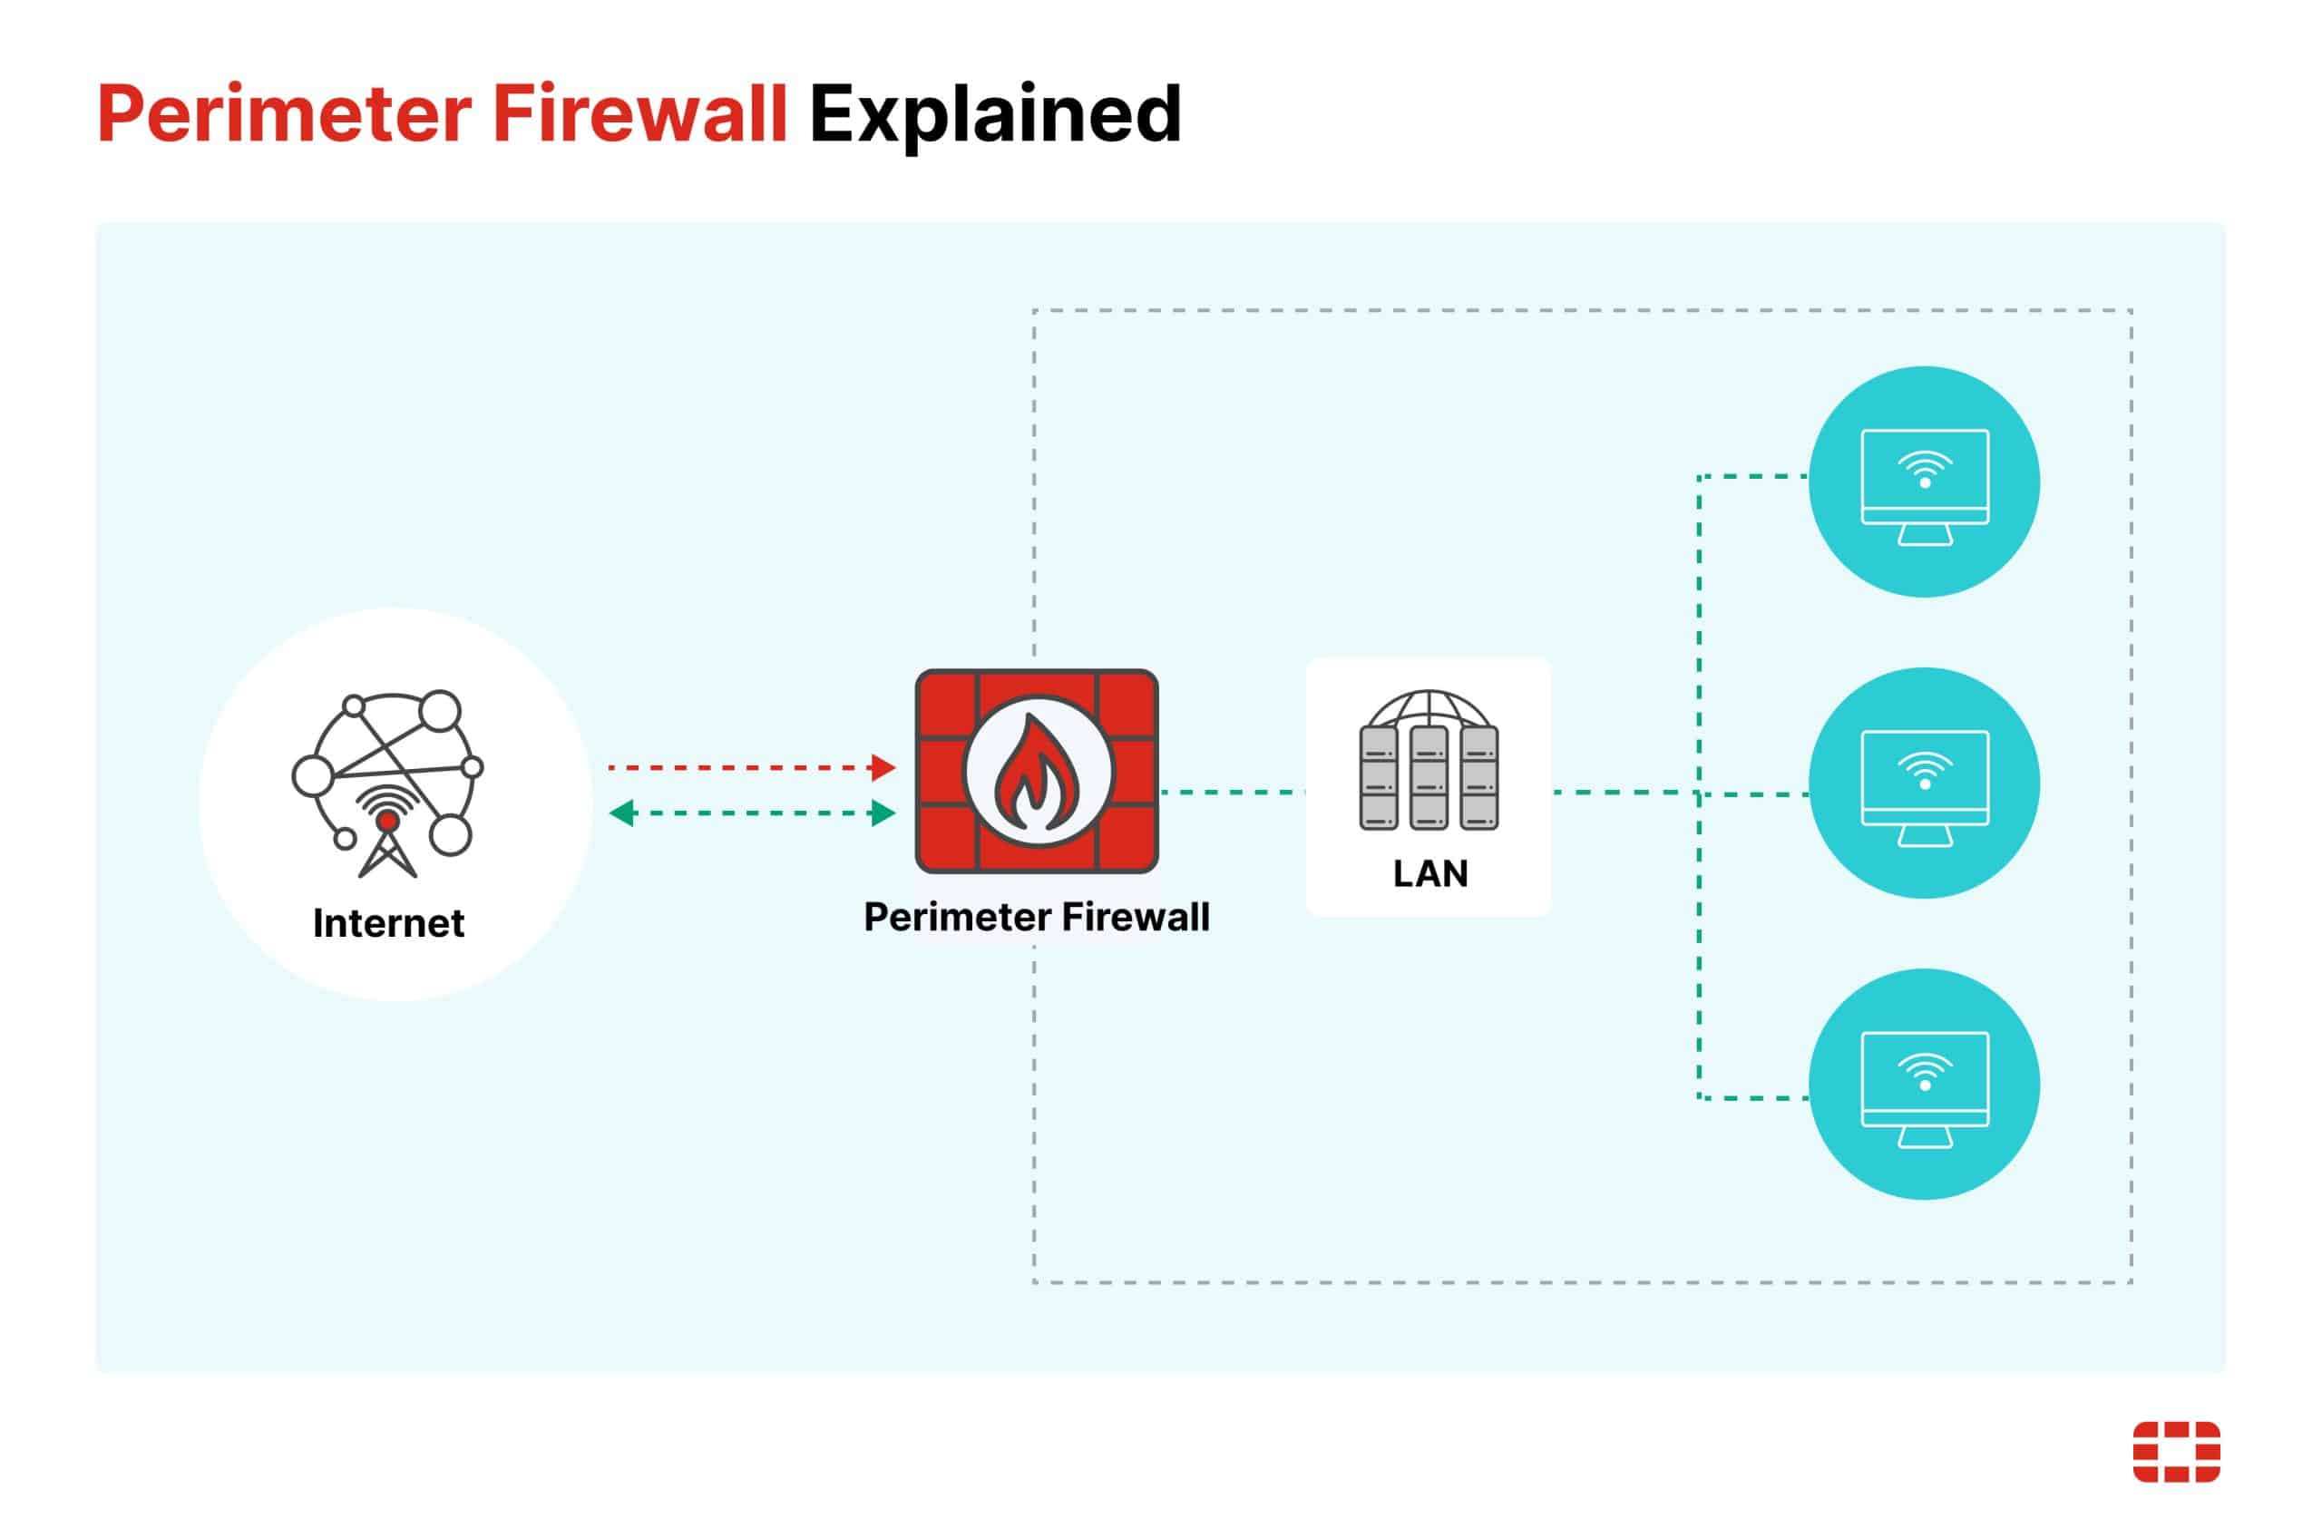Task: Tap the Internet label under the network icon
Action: coord(388,923)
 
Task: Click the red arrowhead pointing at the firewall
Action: coord(883,767)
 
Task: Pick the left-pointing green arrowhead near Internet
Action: coord(622,813)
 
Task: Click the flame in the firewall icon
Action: coord(1037,774)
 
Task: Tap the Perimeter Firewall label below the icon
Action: coord(1036,917)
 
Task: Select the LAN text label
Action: coord(1429,873)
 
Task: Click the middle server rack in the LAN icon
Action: coord(1429,778)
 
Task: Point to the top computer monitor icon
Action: coord(1924,482)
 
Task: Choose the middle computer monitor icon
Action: coord(1924,784)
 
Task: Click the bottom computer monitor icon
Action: coord(1924,1085)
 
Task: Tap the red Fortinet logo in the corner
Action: coord(2176,1452)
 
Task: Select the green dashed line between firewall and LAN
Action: coord(1232,792)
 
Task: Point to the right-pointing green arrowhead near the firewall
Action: coord(883,813)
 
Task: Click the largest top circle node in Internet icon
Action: coord(441,711)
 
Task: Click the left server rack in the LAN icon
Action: coord(1379,778)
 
